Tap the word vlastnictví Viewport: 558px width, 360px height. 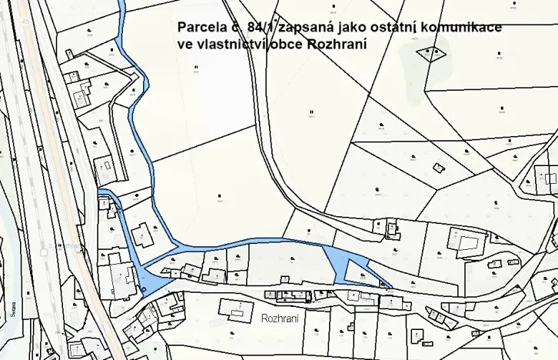(x=234, y=45)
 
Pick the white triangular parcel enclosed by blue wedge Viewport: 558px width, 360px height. (x=358, y=271)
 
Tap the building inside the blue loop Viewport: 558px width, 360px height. (x=141, y=235)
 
